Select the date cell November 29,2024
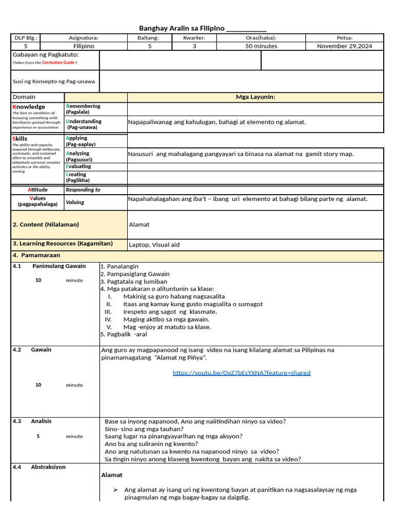344,46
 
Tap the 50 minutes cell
261,46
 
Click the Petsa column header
344,37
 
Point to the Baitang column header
148,37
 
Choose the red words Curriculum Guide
58,62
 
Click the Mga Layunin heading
255,97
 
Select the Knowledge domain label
29,107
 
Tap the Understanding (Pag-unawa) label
84,124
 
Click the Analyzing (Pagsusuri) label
78,156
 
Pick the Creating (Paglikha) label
77,177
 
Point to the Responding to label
83,190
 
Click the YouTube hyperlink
241,373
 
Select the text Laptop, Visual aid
154,245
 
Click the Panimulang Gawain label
59,266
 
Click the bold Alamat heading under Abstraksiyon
111,475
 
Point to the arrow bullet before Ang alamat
116,490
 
